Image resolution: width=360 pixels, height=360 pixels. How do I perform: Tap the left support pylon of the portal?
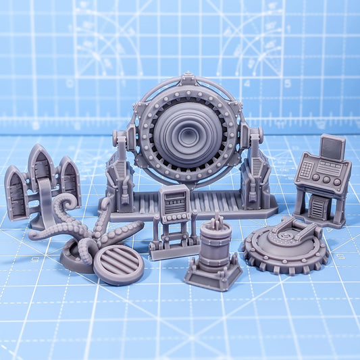121,169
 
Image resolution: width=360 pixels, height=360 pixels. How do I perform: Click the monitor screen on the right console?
332,148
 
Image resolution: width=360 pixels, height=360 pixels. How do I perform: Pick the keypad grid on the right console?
307,170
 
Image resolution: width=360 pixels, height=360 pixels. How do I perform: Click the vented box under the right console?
317,209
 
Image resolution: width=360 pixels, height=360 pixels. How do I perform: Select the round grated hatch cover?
118,264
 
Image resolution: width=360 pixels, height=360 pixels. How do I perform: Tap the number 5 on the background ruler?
287,84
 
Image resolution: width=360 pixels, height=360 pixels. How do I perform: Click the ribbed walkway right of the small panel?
223,203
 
